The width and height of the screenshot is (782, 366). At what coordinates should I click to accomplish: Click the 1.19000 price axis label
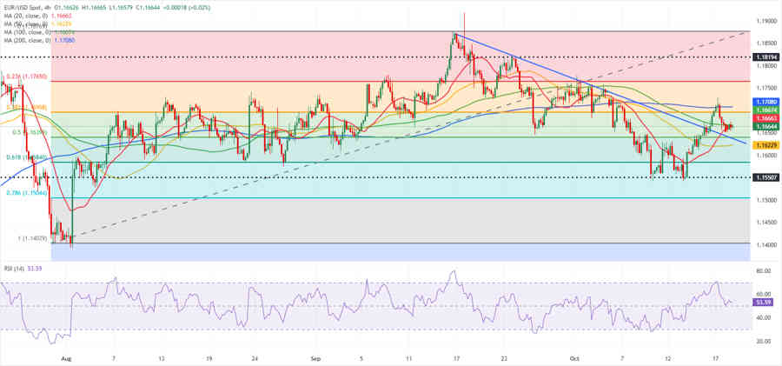tap(765, 20)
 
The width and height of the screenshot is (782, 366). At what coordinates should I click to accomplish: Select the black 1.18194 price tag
tap(765, 56)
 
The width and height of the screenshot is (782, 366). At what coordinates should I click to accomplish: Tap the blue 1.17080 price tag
tap(765, 102)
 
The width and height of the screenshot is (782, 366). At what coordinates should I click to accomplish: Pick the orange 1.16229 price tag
tap(765, 145)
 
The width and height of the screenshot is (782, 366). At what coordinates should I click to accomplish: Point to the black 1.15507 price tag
tap(765, 177)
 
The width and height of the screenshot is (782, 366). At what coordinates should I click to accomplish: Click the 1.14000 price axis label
tap(765, 244)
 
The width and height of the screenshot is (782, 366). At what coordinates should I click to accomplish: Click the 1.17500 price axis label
tap(765, 88)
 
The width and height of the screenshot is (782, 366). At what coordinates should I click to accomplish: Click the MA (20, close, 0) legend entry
tap(39, 16)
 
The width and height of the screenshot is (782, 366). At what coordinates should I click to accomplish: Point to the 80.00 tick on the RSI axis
tap(764, 271)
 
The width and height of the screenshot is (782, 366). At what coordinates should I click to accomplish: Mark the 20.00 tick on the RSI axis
tap(764, 341)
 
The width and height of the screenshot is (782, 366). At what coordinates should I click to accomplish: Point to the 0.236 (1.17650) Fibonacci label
tap(26, 77)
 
